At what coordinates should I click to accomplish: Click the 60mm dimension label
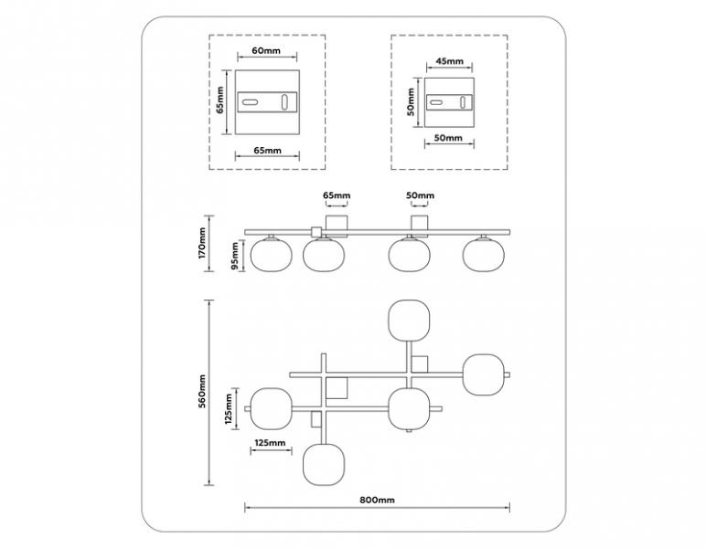pos(265,50)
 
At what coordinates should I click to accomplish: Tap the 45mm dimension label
pos(449,61)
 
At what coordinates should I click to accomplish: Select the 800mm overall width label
pos(378,500)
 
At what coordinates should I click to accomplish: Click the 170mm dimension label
pos(201,243)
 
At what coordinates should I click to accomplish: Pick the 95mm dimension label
pos(235,256)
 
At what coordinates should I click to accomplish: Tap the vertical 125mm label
pos(229,409)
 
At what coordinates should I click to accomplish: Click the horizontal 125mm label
pos(270,442)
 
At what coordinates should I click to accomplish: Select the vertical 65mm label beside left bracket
pos(219,100)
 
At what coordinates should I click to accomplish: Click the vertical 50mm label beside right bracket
pos(411,101)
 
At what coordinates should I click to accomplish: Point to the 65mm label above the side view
pos(337,195)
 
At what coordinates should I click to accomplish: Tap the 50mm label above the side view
pos(420,195)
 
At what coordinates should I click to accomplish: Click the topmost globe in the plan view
pos(409,321)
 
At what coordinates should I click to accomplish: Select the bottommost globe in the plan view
pos(324,465)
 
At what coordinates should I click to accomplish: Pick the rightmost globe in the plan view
pos(484,375)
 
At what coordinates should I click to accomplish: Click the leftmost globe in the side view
pos(271,255)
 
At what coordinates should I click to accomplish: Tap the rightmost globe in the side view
pos(484,255)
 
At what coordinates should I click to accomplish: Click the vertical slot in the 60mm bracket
pos(284,102)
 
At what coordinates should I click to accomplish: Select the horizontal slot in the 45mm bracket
pos(435,102)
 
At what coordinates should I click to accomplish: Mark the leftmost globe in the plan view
pos(271,409)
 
